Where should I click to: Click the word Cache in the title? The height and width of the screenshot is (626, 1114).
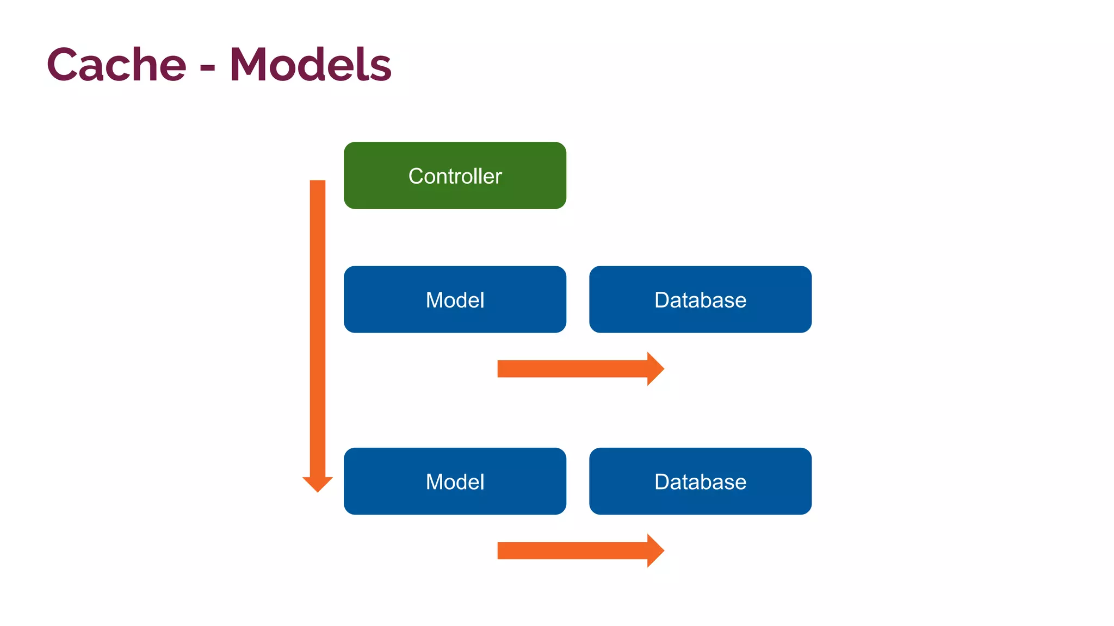(x=116, y=65)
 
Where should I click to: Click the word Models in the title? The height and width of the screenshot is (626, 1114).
(x=310, y=65)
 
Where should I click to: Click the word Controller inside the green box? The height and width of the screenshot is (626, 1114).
(x=455, y=176)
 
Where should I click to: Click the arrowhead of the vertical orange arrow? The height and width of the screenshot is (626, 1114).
(x=318, y=483)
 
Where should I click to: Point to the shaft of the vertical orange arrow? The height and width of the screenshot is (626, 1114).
(x=318, y=326)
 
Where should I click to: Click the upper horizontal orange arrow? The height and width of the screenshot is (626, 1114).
(x=571, y=369)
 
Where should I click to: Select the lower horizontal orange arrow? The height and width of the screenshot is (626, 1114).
(x=571, y=550)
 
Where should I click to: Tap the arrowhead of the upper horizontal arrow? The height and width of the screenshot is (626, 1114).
(x=655, y=369)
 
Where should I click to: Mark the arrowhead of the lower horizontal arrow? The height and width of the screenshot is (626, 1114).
(x=655, y=550)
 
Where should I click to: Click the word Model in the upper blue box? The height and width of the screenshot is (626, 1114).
(x=455, y=300)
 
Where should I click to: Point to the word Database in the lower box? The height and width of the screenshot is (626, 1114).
(x=700, y=482)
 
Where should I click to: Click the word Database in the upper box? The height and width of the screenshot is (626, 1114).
(x=700, y=300)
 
